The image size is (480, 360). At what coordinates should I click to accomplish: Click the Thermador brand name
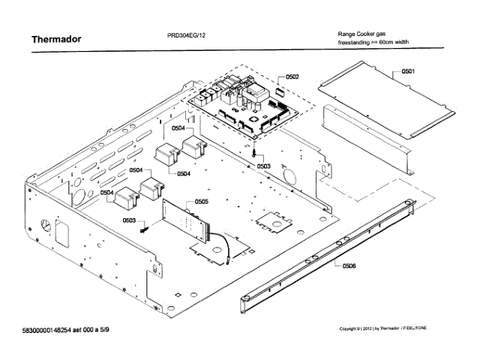[x=55, y=38]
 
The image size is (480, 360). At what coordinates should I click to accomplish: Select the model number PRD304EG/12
[x=187, y=35]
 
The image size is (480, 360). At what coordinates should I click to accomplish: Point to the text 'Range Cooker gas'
[x=363, y=35]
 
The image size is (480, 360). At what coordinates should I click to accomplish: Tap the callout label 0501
[x=407, y=70]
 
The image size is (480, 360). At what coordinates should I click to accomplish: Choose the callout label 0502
[x=292, y=76]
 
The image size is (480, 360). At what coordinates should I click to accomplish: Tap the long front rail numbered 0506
[x=330, y=247]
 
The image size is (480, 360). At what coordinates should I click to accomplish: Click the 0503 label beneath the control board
[x=263, y=165]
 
